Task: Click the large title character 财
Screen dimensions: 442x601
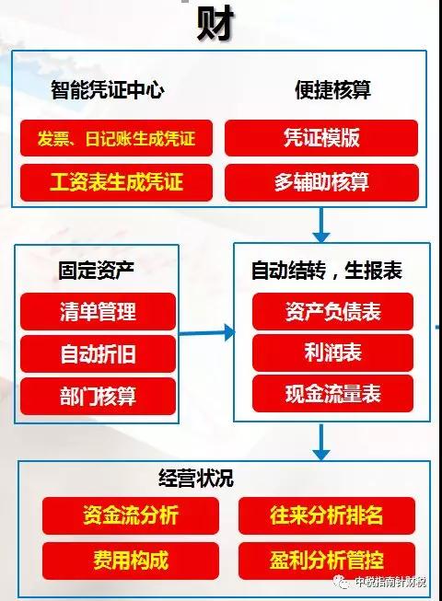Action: pyautogui.click(x=215, y=22)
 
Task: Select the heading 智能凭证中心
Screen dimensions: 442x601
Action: pyautogui.click(x=108, y=90)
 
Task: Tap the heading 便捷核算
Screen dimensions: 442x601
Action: pyautogui.click(x=332, y=90)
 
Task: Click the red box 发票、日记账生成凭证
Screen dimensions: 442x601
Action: pyautogui.click(x=116, y=138)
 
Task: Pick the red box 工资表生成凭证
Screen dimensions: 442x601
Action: pyautogui.click(x=116, y=182)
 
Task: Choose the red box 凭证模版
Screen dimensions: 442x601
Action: pyautogui.click(x=321, y=138)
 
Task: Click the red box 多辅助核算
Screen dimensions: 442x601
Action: pyautogui.click(x=321, y=182)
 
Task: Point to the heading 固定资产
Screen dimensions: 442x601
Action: pyautogui.click(x=96, y=271)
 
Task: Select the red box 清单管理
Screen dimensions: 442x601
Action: pyautogui.click(x=98, y=312)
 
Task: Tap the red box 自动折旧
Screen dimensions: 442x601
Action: pyautogui.click(x=98, y=353)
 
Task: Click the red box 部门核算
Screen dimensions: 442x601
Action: pyautogui.click(x=98, y=397)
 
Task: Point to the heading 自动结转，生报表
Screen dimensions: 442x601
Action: pyautogui.click(x=327, y=271)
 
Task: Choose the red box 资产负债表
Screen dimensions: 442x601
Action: pyautogui.click(x=332, y=311)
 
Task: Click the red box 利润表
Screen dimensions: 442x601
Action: pyautogui.click(x=332, y=353)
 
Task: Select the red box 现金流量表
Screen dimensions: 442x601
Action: pyautogui.click(x=332, y=394)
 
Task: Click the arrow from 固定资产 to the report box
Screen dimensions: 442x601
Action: pyautogui.click(x=207, y=332)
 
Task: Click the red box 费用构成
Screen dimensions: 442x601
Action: pyautogui.click(x=131, y=561)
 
